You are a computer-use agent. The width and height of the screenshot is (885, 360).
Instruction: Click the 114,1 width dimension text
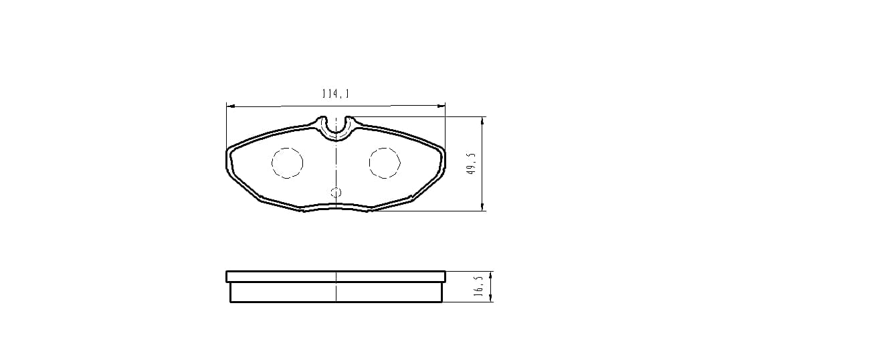(x=336, y=94)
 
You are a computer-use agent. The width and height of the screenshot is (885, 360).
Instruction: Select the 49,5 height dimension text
(x=472, y=164)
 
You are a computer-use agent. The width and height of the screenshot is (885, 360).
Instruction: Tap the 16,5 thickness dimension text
(x=479, y=286)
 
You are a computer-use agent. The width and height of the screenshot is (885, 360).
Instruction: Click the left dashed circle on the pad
(x=287, y=163)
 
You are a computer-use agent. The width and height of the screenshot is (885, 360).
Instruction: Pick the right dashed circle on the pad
(x=385, y=163)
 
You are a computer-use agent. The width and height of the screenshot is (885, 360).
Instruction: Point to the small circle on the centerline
(x=336, y=193)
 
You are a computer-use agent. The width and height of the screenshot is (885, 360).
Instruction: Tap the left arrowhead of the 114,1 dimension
(x=231, y=106)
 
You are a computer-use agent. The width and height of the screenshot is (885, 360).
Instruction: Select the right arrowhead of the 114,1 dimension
(x=441, y=106)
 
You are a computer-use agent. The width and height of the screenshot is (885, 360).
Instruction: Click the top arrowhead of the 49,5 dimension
(x=482, y=121)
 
